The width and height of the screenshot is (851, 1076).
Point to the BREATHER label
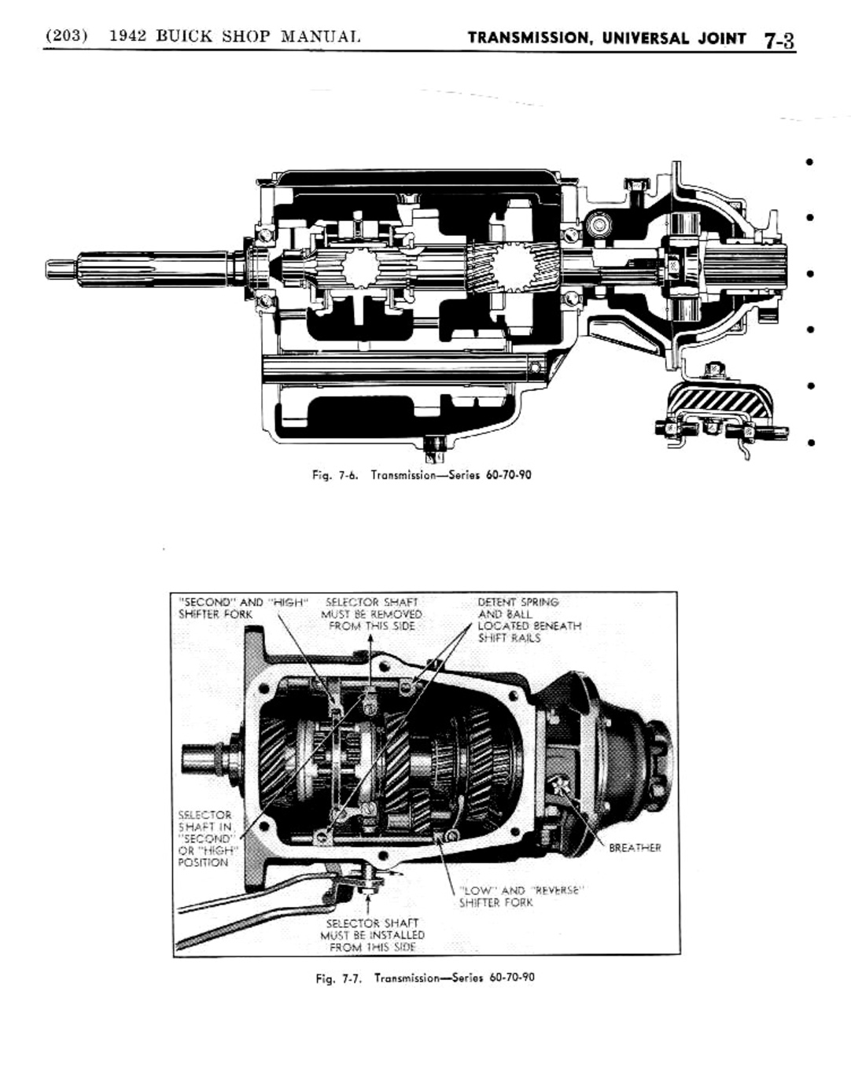[635, 848]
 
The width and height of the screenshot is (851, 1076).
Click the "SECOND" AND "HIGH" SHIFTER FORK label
[240, 608]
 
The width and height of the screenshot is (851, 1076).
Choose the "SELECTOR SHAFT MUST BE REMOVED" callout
[371, 614]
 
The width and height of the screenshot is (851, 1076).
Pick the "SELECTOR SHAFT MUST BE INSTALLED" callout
[372, 935]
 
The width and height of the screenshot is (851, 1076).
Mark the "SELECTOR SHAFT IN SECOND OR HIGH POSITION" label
[205, 838]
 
